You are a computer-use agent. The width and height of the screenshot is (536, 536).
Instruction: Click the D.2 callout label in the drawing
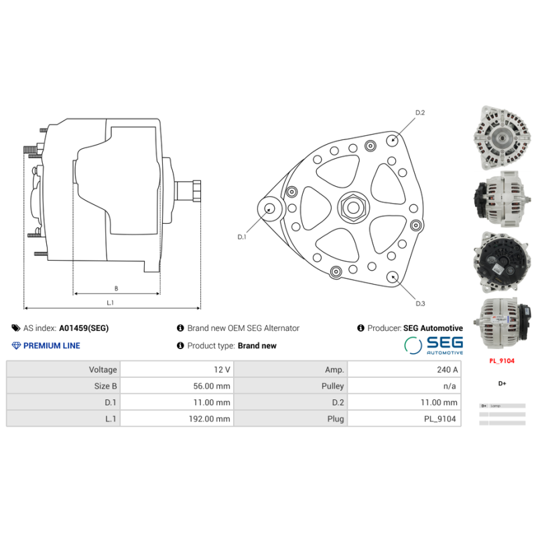[420, 113]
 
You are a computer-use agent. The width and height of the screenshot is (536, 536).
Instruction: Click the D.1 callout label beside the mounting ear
[242, 237]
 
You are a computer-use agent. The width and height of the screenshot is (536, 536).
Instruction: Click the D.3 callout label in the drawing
[420, 304]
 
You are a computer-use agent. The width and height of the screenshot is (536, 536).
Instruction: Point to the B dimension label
[116, 288]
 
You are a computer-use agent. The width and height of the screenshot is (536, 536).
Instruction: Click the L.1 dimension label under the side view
[110, 303]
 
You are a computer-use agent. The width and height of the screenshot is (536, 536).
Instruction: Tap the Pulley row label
[332, 386]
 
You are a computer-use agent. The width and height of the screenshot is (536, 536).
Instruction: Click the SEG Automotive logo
[433, 345]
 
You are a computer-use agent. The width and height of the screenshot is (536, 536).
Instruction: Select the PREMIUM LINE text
[52, 346]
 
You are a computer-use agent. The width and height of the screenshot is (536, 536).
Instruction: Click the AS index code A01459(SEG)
[84, 328]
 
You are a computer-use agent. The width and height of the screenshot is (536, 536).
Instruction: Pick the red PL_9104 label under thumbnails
[502, 360]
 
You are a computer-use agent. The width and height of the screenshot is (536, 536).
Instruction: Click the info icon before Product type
[180, 346]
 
